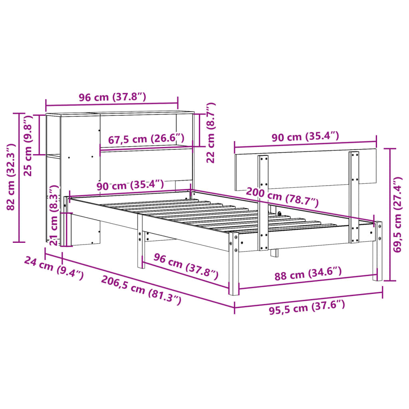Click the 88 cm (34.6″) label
(x=308, y=274)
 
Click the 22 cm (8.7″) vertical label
(x=210, y=133)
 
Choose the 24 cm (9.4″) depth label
(x=54, y=268)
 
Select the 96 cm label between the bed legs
(x=186, y=266)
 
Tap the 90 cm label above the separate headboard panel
(x=305, y=137)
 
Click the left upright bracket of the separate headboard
(x=263, y=202)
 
